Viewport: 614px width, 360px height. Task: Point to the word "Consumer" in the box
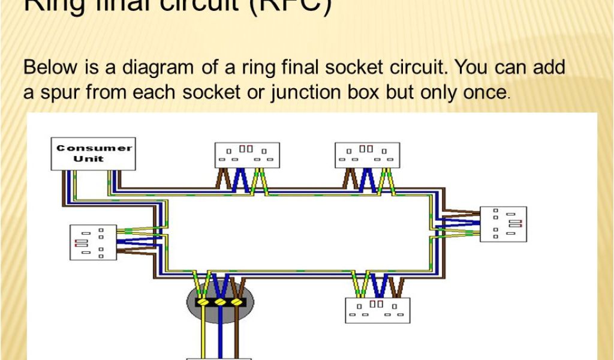[x=94, y=148]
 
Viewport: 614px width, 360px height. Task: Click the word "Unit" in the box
[x=88, y=159]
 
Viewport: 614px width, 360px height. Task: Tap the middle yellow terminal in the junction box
[x=221, y=302]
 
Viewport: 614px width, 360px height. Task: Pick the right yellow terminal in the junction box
[x=237, y=302]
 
